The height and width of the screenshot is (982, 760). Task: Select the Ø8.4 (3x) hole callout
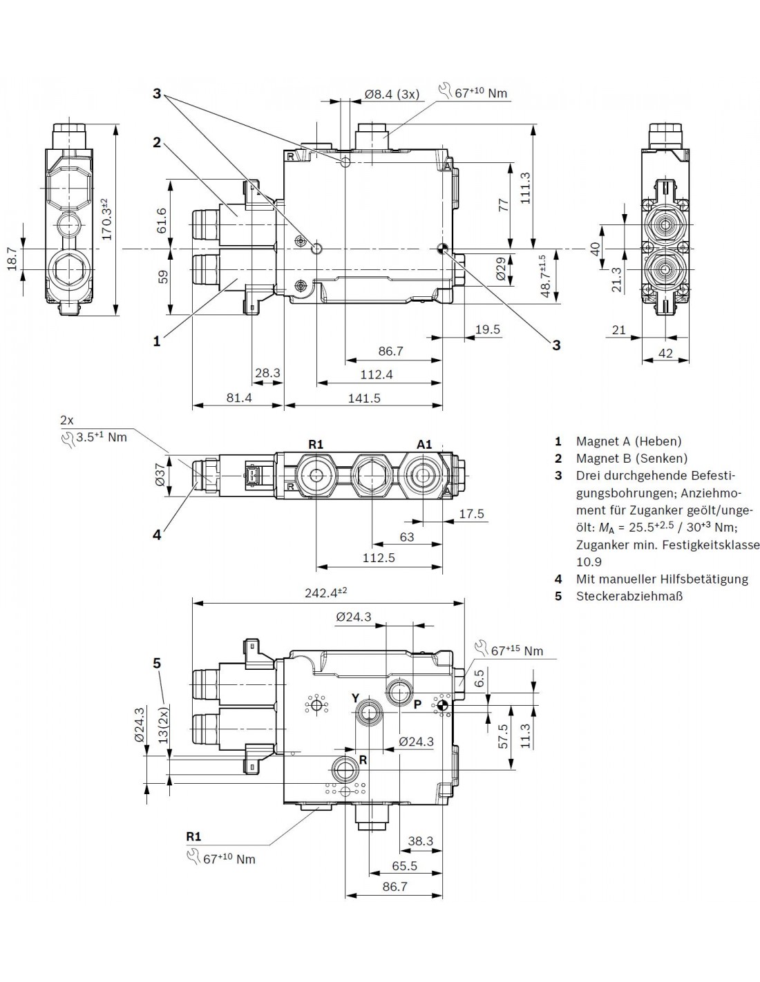[392, 94]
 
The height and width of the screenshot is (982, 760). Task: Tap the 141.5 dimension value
[364, 398]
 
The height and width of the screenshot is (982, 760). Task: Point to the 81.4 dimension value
[239, 398]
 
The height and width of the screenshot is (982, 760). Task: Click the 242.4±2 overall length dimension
[325, 593]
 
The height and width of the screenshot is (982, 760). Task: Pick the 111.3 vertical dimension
[525, 188]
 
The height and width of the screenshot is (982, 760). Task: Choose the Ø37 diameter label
[160, 475]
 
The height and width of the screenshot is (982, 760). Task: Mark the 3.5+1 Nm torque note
[93, 438]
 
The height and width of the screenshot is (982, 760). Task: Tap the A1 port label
[424, 445]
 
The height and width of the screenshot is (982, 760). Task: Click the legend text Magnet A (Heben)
[629, 441]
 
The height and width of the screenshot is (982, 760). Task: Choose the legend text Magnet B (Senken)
[631, 459]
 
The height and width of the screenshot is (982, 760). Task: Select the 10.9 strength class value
[589, 561]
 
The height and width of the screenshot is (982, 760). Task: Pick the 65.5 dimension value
[405, 866]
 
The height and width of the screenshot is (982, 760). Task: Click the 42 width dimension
[665, 353]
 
